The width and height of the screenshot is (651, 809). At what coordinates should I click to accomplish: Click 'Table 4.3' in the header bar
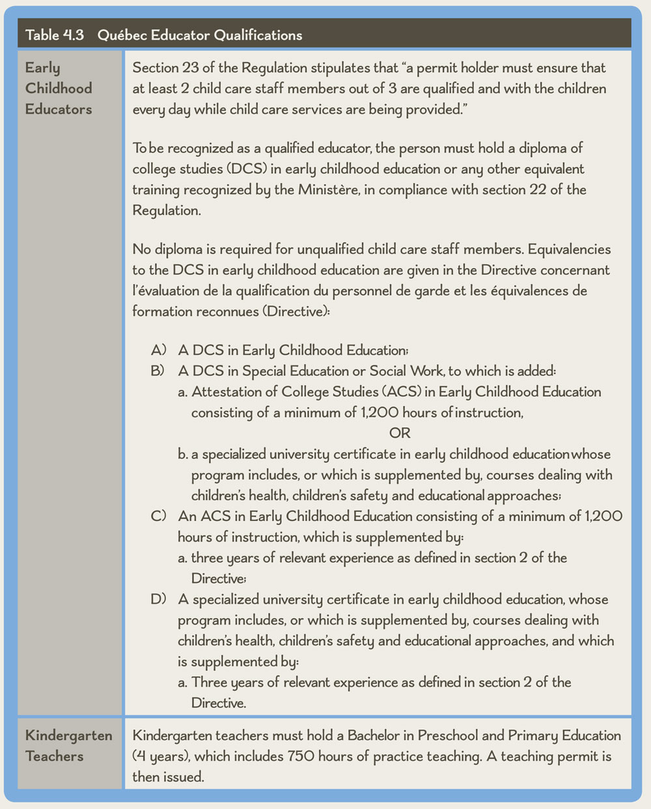55,35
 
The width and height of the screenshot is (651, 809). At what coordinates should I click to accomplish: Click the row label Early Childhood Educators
59,88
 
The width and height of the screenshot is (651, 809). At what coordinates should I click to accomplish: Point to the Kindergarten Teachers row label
68,746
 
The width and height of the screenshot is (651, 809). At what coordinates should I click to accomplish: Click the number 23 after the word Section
186,68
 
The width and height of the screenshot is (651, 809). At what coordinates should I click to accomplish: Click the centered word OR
400,433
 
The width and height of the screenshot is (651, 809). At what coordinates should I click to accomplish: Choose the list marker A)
159,350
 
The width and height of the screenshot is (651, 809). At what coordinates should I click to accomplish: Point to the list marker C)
159,517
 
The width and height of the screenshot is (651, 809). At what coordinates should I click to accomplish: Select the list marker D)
159,599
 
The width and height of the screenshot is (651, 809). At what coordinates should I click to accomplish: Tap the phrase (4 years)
161,756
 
